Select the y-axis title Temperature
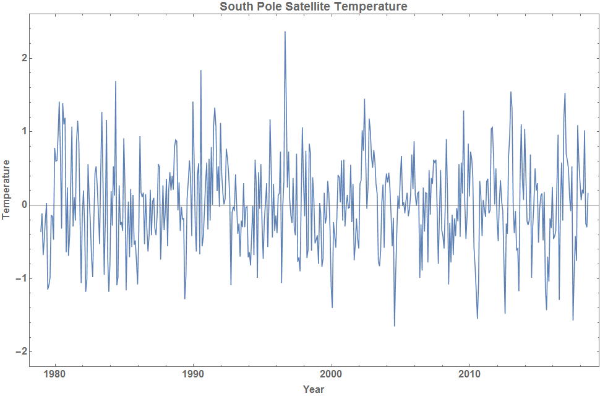pyautogui.click(x=7, y=189)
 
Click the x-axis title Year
pyautogui.click(x=314, y=389)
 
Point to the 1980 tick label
pyautogui.click(x=55, y=374)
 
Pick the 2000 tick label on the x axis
pyautogui.click(x=332, y=374)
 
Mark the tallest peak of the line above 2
pyautogui.click(x=285, y=32)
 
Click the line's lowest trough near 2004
pyautogui.click(x=395, y=325)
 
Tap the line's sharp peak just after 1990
pyautogui.click(x=201, y=71)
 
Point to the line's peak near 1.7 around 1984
pyautogui.click(x=116, y=82)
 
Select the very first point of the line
pyautogui.click(x=41, y=231)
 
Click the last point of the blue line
pyautogui.click(x=588, y=194)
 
